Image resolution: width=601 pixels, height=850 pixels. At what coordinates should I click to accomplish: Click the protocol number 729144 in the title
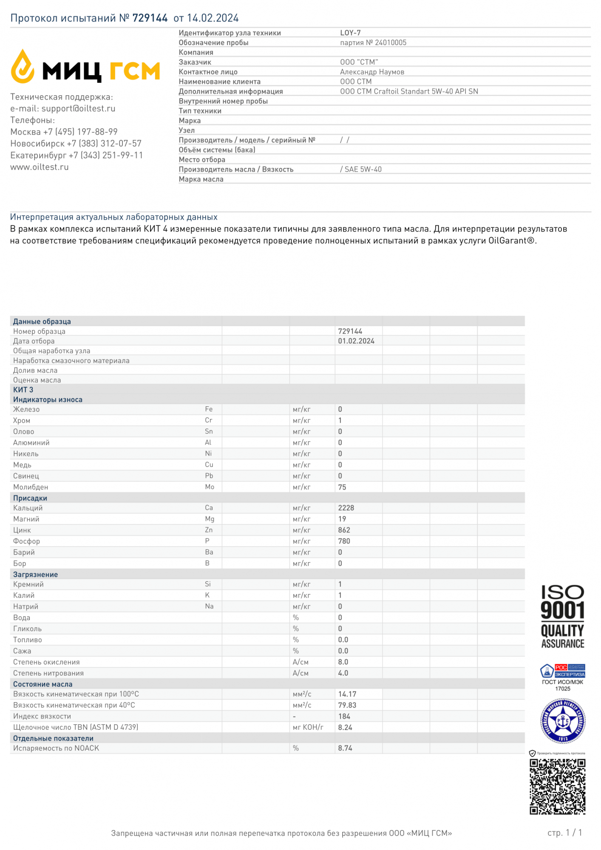[x=150, y=18]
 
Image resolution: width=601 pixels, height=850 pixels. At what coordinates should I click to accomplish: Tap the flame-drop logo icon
[x=23, y=67]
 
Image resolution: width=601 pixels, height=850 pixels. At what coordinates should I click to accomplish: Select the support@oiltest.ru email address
[x=78, y=109]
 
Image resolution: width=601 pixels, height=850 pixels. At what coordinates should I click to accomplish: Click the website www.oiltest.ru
[x=40, y=167]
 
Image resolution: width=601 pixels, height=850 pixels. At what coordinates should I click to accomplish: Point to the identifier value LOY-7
[x=350, y=33]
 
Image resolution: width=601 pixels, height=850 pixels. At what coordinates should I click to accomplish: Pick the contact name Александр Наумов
[x=372, y=72]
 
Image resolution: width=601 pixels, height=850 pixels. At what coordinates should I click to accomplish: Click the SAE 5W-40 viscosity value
[x=363, y=169]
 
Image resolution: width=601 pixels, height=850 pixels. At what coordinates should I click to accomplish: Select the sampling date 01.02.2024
[x=356, y=341]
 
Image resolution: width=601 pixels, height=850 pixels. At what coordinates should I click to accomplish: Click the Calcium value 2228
[x=346, y=508]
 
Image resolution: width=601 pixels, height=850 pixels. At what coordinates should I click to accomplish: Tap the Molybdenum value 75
[x=342, y=487]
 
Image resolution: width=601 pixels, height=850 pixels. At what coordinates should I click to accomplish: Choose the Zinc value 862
[x=344, y=530]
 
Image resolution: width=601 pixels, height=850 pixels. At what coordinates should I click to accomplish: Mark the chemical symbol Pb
[x=209, y=476]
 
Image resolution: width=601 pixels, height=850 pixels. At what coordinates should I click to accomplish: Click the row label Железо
[x=26, y=409]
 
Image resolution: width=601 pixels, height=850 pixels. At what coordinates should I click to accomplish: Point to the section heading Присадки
[x=30, y=498]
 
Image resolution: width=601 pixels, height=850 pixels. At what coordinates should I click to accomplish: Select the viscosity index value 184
[x=344, y=716]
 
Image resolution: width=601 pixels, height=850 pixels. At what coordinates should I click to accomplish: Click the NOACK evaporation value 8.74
[x=345, y=748]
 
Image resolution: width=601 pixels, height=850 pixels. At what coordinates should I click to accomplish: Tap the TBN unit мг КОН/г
[x=308, y=727]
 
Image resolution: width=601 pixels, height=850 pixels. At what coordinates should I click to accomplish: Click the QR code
[x=557, y=787]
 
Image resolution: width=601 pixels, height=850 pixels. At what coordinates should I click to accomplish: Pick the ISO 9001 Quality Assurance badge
[x=562, y=617]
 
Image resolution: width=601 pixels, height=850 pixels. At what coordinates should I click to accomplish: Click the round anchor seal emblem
[x=563, y=721]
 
